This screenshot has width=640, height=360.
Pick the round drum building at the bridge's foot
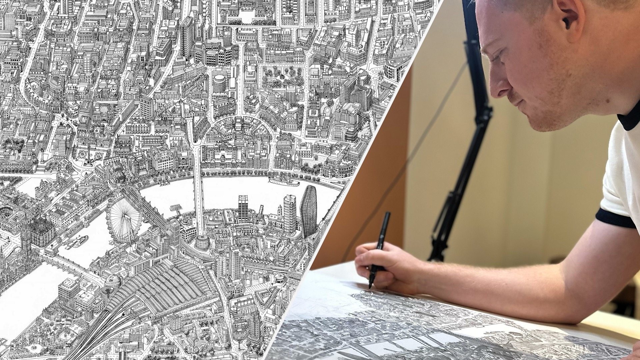coord(201,242)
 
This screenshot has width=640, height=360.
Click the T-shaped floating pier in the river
coord(176,209)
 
